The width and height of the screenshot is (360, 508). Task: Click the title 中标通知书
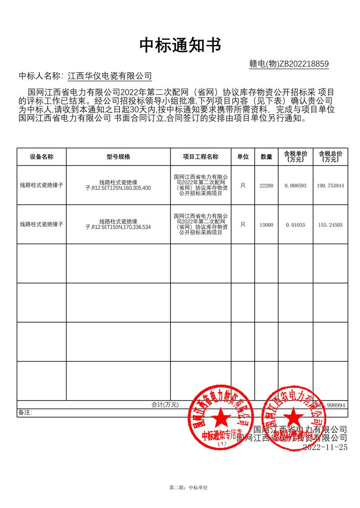(180, 45)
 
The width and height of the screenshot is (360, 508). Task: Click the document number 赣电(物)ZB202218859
(289, 64)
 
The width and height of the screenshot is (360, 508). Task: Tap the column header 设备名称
(42, 157)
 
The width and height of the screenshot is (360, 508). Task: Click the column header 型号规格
(118, 157)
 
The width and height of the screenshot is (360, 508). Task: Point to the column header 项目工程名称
(201, 157)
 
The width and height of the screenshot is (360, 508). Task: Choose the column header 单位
(243, 157)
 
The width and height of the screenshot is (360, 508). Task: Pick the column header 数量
(266, 157)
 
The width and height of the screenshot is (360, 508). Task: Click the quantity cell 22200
(266, 186)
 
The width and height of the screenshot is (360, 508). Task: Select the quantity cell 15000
(266, 225)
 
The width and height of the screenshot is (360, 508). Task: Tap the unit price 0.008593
(296, 186)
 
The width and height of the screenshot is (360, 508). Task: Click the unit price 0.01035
(295, 225)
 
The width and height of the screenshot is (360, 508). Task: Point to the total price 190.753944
(330, 186)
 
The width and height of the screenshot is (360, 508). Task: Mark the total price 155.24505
(330, 225)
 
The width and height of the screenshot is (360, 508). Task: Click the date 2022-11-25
(325, 447)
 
